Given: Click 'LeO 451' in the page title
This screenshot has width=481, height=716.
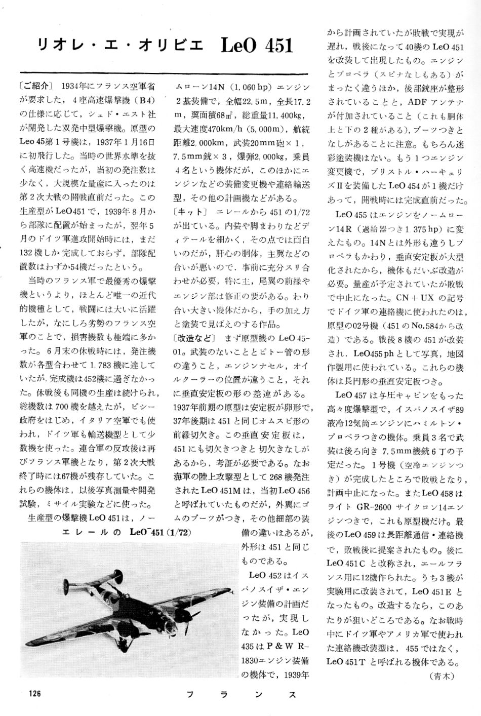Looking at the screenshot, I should coord(257,46).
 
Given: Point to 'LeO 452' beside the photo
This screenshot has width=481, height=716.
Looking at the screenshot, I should coord(267,575).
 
